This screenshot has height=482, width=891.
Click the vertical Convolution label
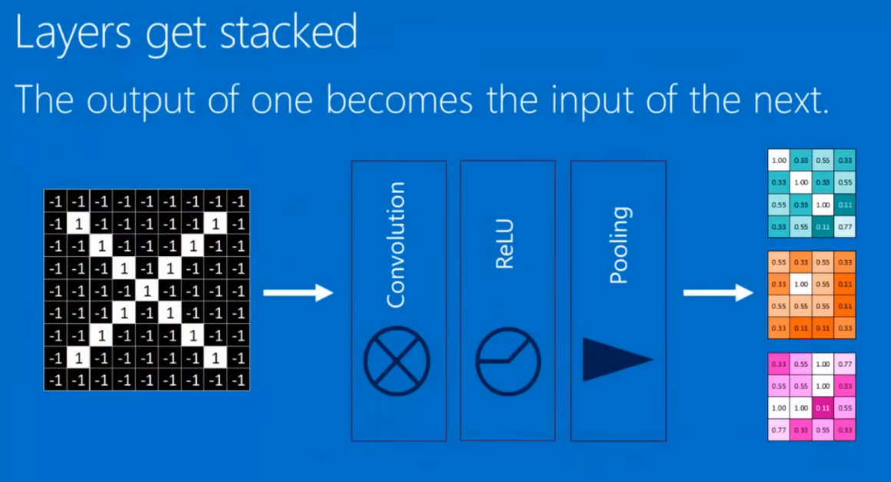pyautogui.click(x=395, y=244)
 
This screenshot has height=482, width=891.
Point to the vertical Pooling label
pyautogui.click(x=617, y=244)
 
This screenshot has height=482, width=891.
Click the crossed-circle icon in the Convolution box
pyautogui.click(x=396, y=361)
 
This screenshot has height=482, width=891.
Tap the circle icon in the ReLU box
pyautogui.click(x=508, y=361)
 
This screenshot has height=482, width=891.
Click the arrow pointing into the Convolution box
pyautogui.click(x=298, y=292)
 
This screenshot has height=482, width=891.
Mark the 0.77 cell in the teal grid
pyautogui.click(x=845, y=228)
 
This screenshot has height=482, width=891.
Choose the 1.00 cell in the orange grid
pyautogui.click(x=801, y=284)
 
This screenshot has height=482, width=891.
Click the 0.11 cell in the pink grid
pyautogui.click(x=823, y=407)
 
